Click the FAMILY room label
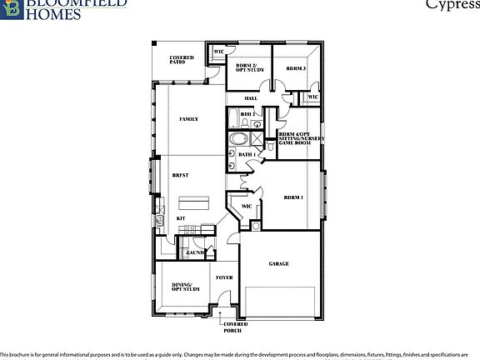(x=188, y=119)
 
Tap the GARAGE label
(x=278, y=264)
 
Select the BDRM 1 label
(x=293, y=197)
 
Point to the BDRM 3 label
(x=296, y=68)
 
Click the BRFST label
(x=181, y=175)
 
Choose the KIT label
(x=180, y=217)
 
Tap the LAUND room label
(x=195, y=252)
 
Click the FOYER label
(x=224, y=277)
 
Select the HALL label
(x=250, y=98)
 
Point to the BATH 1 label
(x=247, y=154)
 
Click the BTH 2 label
(x=247, y=114)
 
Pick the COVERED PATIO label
(x=182, y=60)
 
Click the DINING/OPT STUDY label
(x=186, y=287)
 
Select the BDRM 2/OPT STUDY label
(x=249, y=67)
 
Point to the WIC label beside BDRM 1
(x=247, y=207)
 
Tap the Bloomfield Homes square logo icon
(x=10, y=7)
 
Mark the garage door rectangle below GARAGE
(x=279, y=302)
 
